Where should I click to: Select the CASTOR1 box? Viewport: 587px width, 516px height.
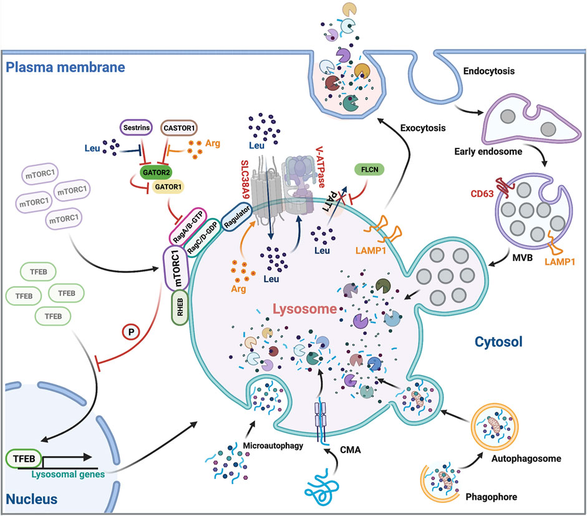(179, 128)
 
